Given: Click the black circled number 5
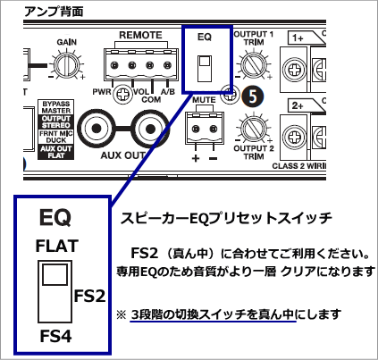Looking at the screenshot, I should point(253,95).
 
